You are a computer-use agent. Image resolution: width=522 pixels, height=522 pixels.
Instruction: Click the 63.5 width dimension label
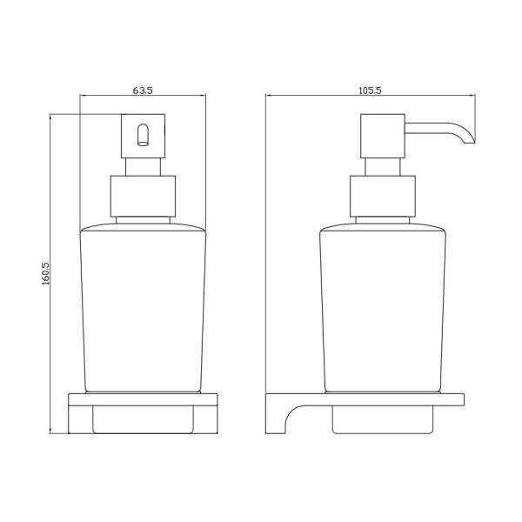click(143, 90)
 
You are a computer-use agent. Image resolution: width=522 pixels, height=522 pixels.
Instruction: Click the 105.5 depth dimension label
click(370, 90)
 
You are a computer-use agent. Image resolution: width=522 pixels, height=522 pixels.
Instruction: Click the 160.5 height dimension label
click(45, 273)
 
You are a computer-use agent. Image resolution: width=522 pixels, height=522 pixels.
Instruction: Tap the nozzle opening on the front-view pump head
click(143, 135)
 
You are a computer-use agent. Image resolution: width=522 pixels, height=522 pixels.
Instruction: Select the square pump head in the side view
click(383, 136)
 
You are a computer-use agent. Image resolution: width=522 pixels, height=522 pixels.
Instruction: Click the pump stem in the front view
click(143, 167)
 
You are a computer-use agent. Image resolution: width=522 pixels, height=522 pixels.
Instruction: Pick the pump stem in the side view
click(383, 167)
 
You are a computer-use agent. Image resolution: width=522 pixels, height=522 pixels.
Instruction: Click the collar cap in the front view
click(143, 196)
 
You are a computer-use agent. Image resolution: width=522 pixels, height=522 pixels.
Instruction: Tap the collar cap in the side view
click(383, 196)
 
